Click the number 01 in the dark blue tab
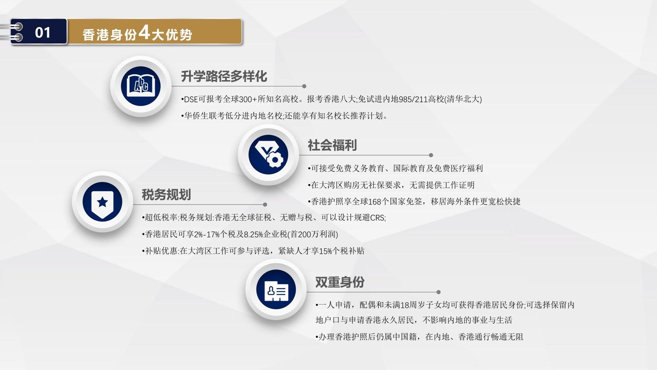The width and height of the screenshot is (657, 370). pos(43,32)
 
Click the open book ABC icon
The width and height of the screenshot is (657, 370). pos(141,86)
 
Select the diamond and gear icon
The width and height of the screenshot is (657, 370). pos(269,155)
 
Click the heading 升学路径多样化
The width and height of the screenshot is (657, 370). pos(224,76)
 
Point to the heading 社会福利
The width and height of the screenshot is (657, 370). pos(332,145)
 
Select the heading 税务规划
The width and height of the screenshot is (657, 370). pos(166,194)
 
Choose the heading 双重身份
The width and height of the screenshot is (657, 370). pos(340,282)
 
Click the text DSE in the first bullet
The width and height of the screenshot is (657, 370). pos(191,99)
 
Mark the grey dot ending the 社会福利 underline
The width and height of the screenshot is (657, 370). pos(431,155)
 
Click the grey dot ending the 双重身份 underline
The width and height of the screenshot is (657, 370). pos(439,292)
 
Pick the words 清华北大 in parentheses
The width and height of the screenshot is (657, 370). pos(463,99)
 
